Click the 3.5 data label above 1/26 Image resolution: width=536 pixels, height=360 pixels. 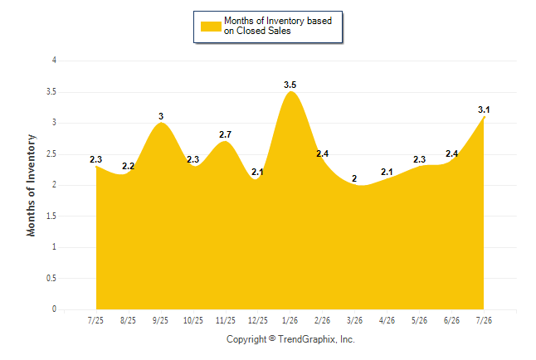tap(290, 85)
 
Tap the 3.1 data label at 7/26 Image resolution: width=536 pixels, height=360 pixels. tap(484, 109)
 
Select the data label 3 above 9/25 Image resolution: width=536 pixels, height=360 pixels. tap(161, 116)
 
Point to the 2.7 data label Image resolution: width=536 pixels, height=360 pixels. tap(226, 134)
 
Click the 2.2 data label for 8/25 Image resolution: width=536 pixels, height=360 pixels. tap(128, 166)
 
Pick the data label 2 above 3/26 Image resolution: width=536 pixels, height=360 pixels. tap(354, 178)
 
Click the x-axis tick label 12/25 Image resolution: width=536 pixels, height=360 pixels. tap(258, 320)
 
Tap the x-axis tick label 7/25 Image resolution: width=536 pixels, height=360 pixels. tap(95, 320)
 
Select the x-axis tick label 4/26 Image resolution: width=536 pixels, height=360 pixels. tap(387, 320)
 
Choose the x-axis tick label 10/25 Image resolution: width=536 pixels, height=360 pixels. tap(193, 320)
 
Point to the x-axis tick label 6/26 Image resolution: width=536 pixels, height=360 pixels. tap(451, 320)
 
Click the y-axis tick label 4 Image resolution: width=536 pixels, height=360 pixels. tap(54, 61)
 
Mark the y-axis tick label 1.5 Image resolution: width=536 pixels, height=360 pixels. tap(51, 216)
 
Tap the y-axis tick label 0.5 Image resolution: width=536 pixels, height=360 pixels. tap(51, 278)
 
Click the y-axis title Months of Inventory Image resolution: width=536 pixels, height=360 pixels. tap(31, 185)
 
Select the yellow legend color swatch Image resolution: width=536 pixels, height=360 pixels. tap(211, 27)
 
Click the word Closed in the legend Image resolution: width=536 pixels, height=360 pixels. tap(251, 31)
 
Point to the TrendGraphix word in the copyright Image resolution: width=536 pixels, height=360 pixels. tap(307, 339)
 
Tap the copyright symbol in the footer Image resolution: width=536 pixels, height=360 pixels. tap(272, 338)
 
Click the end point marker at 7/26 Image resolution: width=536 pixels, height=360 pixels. tap(484, 117)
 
